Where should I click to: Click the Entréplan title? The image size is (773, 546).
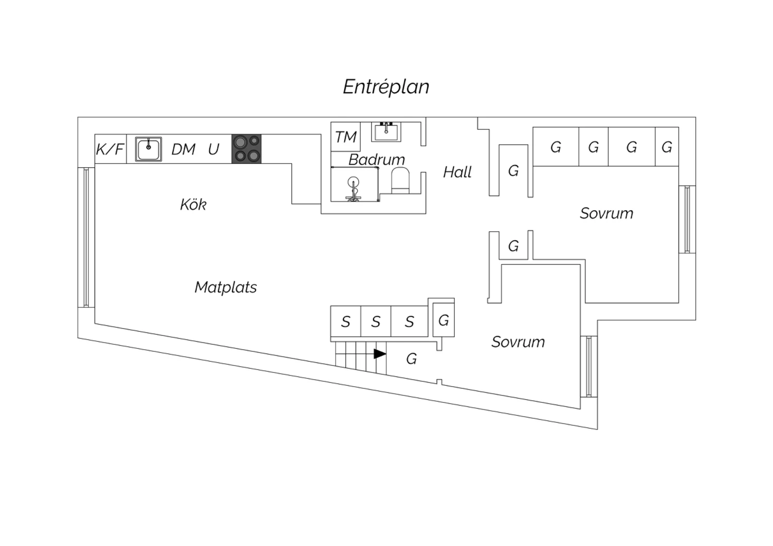click(386, 87)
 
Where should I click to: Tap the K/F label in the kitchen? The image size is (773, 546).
click(110, 149)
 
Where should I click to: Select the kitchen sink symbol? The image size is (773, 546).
click(148, 149)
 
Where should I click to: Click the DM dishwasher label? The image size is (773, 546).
click(183, 149)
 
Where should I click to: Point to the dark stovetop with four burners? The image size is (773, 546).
click(246, 149)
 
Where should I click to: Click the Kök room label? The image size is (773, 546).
click(193, 204)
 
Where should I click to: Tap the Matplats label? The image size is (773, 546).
click(226, 287)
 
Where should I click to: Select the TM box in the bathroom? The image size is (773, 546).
click(346, 137)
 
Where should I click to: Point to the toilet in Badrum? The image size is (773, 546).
click(400, 181)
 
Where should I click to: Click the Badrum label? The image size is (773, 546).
click(377, 159)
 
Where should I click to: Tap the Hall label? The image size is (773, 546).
click(458, 172)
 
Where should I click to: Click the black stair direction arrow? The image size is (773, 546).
click(380, 354)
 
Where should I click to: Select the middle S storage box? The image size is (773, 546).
click(376, 322)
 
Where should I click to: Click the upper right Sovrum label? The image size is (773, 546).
click(607, 213)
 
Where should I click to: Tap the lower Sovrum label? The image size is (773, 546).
click(518, 342)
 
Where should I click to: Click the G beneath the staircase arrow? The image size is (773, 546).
click(411, 359)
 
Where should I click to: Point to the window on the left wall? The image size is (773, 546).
click(86, 237)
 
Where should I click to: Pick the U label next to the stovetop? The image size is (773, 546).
click(214, 149)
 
